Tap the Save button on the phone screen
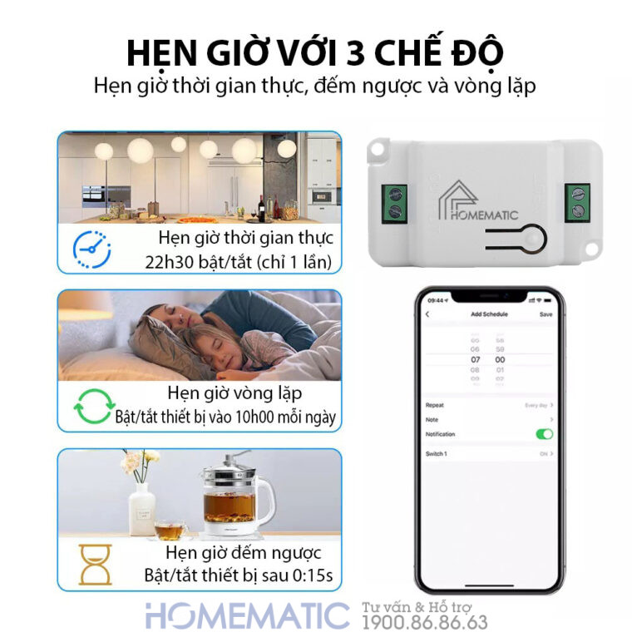546,314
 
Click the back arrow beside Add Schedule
427,314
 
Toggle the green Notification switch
545,434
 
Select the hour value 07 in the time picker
476,359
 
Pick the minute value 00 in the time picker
500,359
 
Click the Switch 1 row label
437,454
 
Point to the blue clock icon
91,248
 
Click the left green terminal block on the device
396,200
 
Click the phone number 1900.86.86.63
425,621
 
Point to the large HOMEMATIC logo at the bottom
247,615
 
